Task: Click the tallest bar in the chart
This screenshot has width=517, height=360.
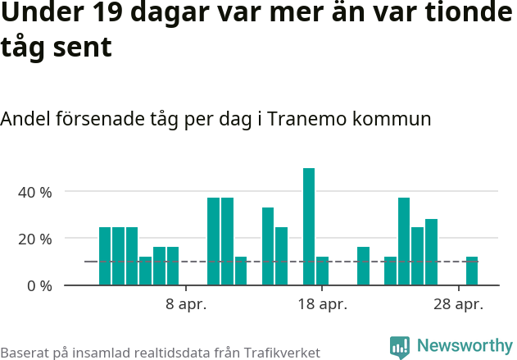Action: pyautogui.click(x=309, y=226)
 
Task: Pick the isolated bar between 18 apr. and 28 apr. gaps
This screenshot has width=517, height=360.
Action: pyautogui.click(x=363, y=266)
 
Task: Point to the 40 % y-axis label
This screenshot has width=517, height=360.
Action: pyautogui.click(x=35, y=192)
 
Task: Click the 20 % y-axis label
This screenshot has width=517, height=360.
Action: pyautogui.click(x=35, y=239)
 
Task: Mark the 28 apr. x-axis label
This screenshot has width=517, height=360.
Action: pyautogui.click(x=458, y=304)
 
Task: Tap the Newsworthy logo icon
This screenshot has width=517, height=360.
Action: pyautogui.click(x=400, y=347)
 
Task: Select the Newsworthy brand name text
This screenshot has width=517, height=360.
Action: pyautogui.click(x=464, y=346)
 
